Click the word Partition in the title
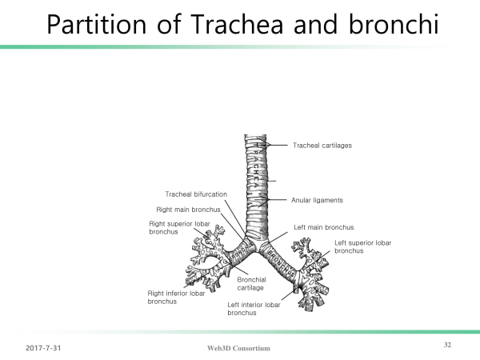pyautogui.click(x=97, y=25)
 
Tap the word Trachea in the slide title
pyautogui.click(x=237, y=24)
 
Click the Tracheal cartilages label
pyautogui.click(x=322, y=146)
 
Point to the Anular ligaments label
pyautogui.click(x=317, y=200)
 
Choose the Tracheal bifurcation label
pyautogui.click(x=196, y=194)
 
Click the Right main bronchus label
pyautogui.click(x=188, y=210)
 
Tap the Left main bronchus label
pyautogui.click(x=323, y=227)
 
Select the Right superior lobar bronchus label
pyautogui.click(x=179, y=228)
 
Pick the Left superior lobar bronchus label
pyautogui.click(x=362, y=246)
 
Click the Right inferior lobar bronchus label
pyautogui.click(x=176, y=298)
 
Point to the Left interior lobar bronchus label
pyautogui.click(x=254, y=309)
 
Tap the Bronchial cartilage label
pyautogui.click(x=251, y=284)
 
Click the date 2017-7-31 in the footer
pyautogui.click(x=43, y=348)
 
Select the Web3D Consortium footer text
pyautogui.click(x=238, y=348)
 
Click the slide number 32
pyautogui.click(x=447, y=345)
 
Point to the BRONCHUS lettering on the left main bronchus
pyautogui.click(x=281, y=262)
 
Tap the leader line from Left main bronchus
pyautogui.click(x=278, y=238)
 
